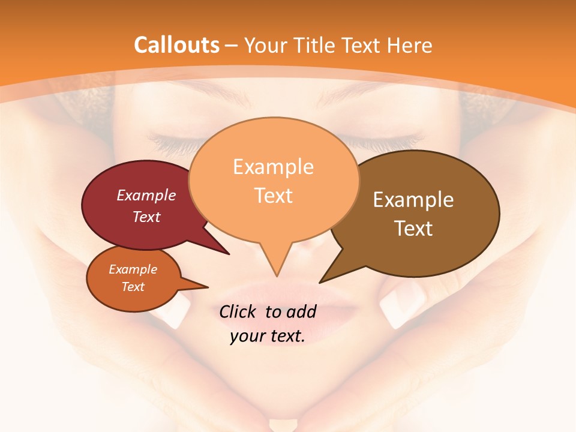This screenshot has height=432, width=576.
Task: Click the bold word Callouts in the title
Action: tap(176, 45)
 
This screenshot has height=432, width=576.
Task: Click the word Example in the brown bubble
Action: tap(413, 200)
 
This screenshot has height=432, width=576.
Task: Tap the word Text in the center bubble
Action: tap(274, 196)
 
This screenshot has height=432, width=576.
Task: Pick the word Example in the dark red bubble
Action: tap(146, 195)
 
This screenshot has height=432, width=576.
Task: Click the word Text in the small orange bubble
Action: tap(133, 287)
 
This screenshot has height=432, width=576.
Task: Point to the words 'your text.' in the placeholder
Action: tap(268, 337)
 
